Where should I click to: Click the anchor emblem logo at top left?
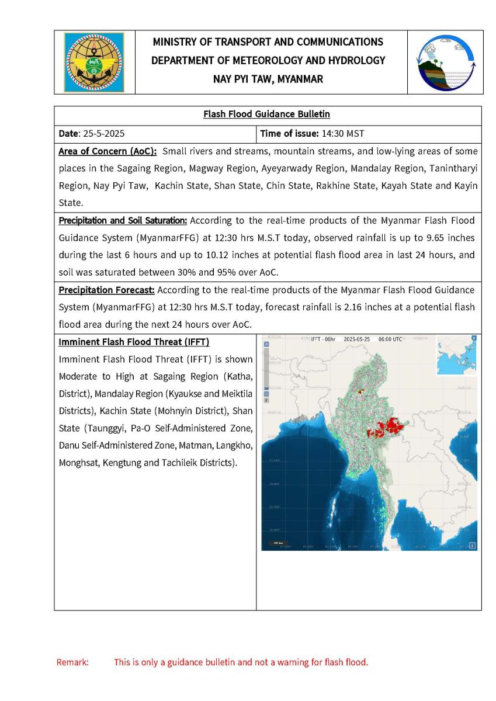click(94, 62)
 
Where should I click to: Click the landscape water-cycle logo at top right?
click(445, 62)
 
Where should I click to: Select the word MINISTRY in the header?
click(173, 42)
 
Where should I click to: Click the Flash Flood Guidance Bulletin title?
click(268, 114)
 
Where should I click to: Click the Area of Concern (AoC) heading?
click(107, 151)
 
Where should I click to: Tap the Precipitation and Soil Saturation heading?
click(123, 221)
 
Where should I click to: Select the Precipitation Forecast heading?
click(107, 290)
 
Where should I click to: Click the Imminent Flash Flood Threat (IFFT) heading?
click(134, 342)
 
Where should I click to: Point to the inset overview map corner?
click(456, 356)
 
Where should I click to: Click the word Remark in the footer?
click(72, 662)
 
